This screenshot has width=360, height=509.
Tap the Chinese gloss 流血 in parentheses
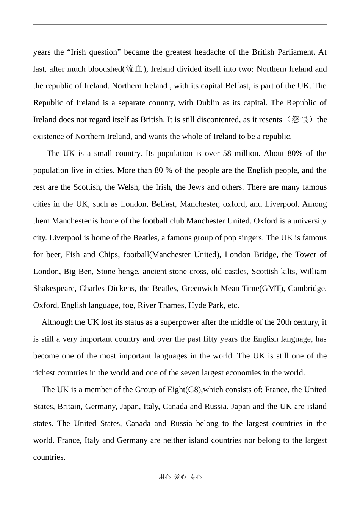pos(134,69)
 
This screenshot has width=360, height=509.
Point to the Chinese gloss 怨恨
pos(300,120)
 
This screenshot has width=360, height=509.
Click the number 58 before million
pos(227,153)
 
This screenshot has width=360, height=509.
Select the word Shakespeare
pos(54,288)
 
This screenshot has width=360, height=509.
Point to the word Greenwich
pos(199,288)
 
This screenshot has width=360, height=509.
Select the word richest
pos(44,373)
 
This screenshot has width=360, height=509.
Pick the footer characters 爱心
pos(180,477)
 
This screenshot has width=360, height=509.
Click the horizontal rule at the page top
pos(180,25)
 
